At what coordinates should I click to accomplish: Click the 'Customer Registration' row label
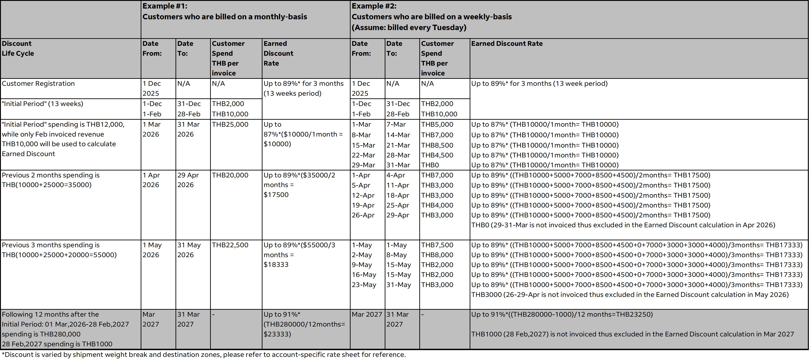(x=38, y=84)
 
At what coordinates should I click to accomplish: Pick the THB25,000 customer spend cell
(x=230, y=124)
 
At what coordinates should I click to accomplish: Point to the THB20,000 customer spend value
(x=230, y=175)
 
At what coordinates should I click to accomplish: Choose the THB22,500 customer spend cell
(x=230, y=245)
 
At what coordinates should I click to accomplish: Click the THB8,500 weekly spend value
(x=437, y=145)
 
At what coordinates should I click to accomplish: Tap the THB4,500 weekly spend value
(x=437, y=155)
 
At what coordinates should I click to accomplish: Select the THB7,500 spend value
(x=437, y=245)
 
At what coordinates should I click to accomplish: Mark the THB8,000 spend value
(x=437, y=255)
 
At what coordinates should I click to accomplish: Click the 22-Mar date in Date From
(x=363, y=155)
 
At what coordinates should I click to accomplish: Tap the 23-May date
(x=364, y=285)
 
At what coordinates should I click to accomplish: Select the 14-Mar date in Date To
(x=398, y=135)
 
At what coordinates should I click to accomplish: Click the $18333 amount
(x=276, y=265)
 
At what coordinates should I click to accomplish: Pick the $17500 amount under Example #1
(x=276, y=194)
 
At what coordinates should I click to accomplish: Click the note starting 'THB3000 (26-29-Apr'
(x=630, y=295)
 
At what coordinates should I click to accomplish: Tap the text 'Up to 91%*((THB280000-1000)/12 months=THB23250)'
(x=562, y=314)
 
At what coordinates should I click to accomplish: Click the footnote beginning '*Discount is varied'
(x=204, y=355)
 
